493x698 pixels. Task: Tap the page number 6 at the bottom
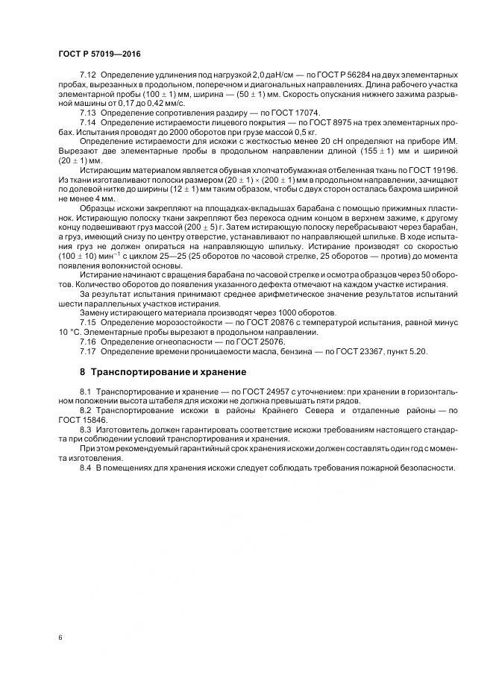tap(60, 638)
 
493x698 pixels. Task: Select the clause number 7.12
tap(87, 77)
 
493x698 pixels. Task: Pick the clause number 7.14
tap(87, 121)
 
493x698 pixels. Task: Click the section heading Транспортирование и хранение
tap(168, 371)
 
